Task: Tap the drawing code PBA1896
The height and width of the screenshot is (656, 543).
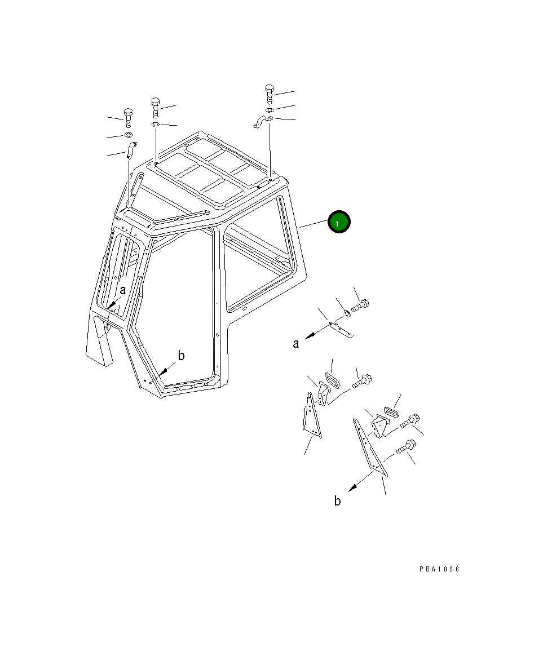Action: click(439, 569)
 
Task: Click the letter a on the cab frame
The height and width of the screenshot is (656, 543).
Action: click(122, 290)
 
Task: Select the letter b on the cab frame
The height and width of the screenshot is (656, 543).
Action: click(181, 356)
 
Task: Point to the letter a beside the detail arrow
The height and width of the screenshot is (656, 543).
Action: click(296, 343)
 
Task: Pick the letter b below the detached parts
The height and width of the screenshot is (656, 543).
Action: click(337, 500)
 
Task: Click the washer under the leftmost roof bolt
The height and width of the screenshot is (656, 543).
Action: click(128, 135)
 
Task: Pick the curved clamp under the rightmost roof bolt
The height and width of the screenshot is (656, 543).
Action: click(262, 121)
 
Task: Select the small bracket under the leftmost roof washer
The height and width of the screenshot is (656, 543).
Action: click(131, 150)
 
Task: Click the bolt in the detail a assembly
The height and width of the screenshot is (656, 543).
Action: click(360, 307)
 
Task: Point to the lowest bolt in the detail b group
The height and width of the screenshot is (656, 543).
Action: click(405, 447)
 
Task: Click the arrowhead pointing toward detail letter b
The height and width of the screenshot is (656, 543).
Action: click(352, 487)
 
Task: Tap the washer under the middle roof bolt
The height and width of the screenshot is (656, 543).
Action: click(156, 124)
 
